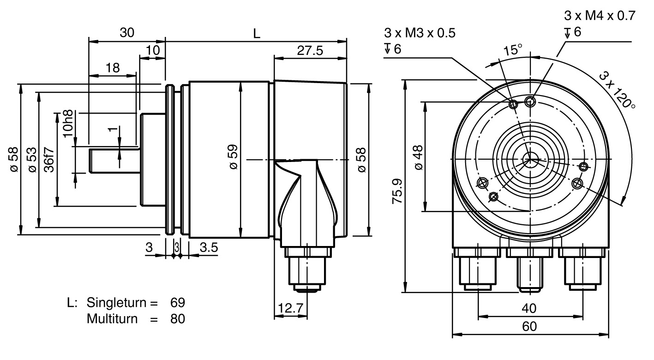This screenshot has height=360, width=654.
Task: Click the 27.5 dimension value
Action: click(310, 50)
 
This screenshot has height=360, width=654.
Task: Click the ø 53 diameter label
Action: click(32, 160)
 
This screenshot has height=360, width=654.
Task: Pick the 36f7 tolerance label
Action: click(49, 159)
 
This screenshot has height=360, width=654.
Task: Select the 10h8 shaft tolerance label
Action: click(68, 122)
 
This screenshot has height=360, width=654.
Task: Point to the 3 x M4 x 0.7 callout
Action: click(599, 15)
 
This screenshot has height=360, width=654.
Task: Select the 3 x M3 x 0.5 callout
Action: click(419, 33)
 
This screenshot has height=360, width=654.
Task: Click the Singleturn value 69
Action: click(177, 303)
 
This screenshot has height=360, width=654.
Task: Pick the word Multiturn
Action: click(112, 318)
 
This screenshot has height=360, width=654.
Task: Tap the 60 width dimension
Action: click(529, 326)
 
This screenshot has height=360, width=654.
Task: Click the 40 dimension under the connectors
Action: click(529, 308)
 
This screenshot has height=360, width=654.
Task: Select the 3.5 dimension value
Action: click(209, 247)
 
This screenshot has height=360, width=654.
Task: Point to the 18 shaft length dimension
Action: click(113, 68)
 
